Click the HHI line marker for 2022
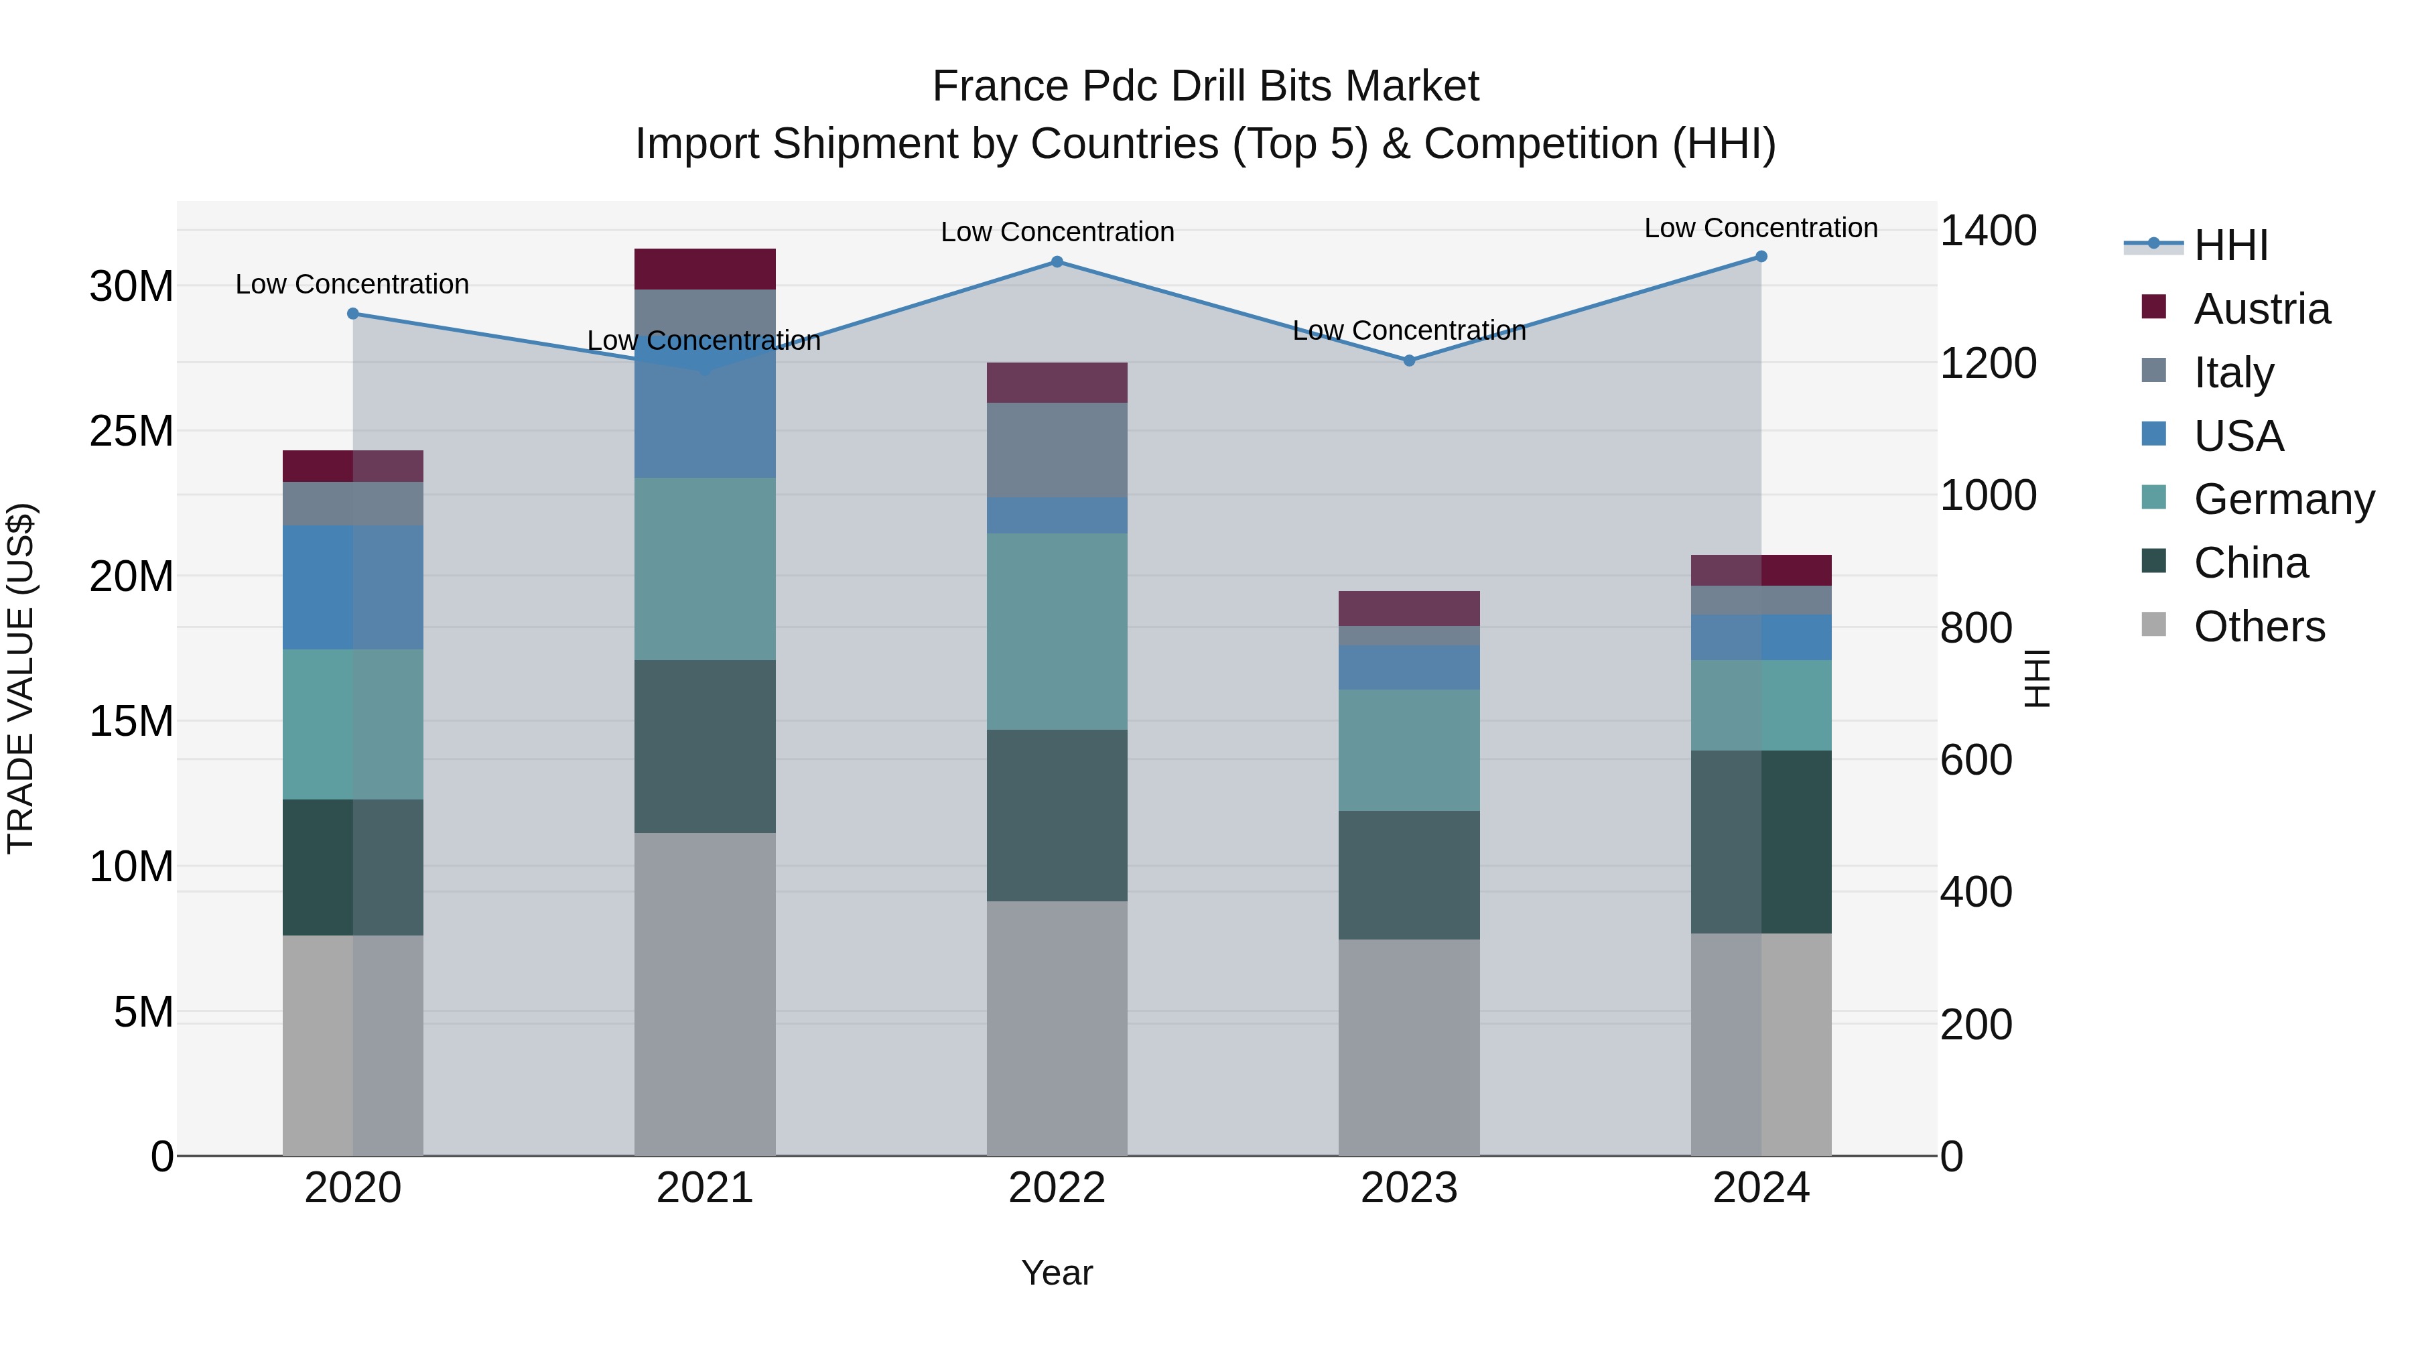click(1057, 261)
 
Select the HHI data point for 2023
click(1409, 361)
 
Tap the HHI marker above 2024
click(1761, 257)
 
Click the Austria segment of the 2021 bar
click(705, 269)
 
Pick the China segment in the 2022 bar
click(1057, 816)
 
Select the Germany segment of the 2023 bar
click(1409, 750)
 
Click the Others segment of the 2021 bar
click(705, 994)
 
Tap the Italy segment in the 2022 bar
click(1057, 450)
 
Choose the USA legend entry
click(2238, 436)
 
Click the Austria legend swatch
click(2153, 307)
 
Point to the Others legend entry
click(2259, 627)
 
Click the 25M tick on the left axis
click(131, 432)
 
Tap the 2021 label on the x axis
click(705, 1188)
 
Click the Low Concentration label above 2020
click(352, 283)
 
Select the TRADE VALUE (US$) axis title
click(21, 678)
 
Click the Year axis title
click(1057, 1273)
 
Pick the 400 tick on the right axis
click(1976, 893)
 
